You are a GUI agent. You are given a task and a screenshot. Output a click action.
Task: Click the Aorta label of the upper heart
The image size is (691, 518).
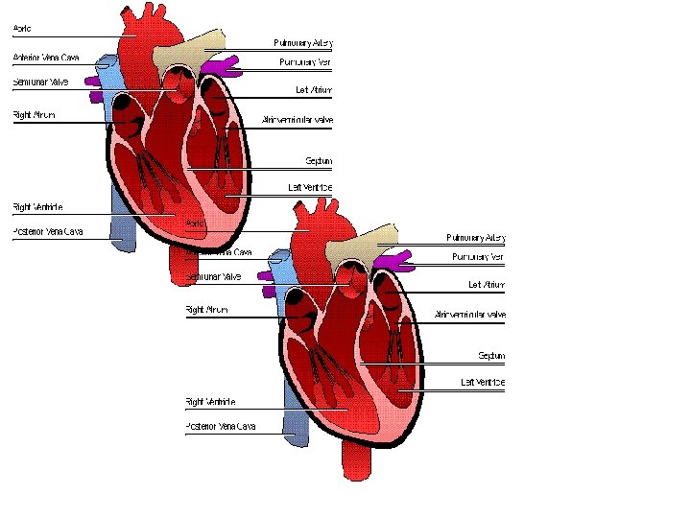pos(21,29)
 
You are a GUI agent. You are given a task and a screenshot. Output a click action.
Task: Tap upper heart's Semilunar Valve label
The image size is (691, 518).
pos(40,82)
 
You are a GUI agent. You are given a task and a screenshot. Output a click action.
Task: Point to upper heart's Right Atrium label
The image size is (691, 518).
pos(34,115)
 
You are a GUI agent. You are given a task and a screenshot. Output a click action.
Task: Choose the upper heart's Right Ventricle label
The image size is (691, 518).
pos(37,206)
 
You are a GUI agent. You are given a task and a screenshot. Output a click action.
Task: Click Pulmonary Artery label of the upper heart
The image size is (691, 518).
pos(302,43)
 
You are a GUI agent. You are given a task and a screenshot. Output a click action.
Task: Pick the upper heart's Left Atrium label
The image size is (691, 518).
pos(314,90)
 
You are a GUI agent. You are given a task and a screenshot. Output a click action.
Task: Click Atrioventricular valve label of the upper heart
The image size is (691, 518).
pos(297,120)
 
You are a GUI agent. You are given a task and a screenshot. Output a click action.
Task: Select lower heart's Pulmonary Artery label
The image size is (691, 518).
pos(475,237)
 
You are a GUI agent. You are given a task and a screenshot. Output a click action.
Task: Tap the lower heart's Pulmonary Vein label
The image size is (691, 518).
pos(478,257)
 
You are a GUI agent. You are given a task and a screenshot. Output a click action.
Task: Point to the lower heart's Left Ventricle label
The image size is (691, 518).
pos(483,383)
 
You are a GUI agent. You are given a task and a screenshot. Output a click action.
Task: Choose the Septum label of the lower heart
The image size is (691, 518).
pos(491,356)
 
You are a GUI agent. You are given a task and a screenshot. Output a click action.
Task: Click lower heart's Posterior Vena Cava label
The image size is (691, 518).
pos(220,426)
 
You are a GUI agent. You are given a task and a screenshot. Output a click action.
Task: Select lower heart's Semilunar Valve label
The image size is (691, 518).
pos(213,277)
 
